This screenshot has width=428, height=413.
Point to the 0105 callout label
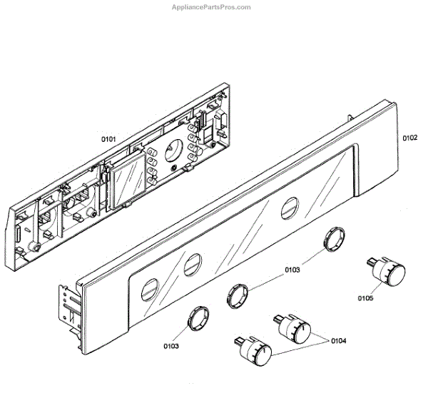[x=367, y=300]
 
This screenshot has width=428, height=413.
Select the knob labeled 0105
[x=389, y=272]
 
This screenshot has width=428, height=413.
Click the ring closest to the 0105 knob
[x=333, y=239]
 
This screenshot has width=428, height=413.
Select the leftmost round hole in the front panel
[x=148, y=290]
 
